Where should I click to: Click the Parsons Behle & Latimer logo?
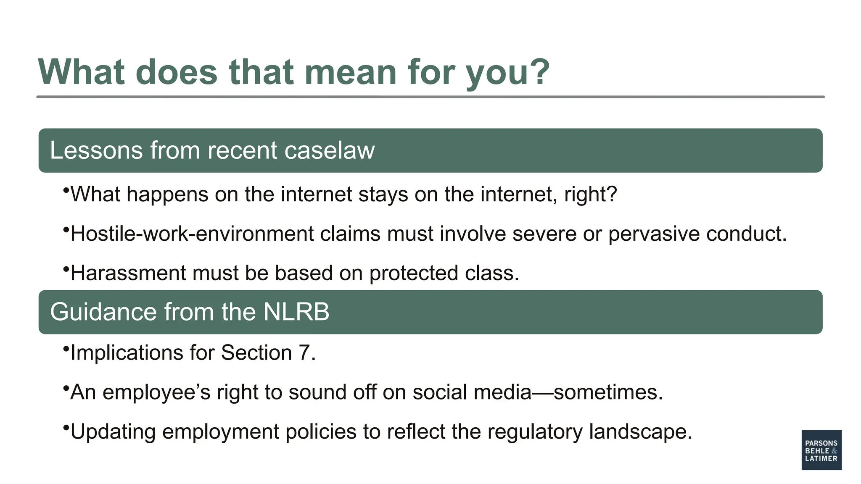click(821, 450)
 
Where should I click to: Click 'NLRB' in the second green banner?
click(296, 312)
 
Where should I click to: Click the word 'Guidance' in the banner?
click(103, 312)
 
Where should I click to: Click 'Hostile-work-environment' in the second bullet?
click(192, 234)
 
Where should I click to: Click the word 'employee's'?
click(156, 392)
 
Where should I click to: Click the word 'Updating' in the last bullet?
click(113, 431)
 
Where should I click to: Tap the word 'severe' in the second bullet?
click(544, 234)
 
